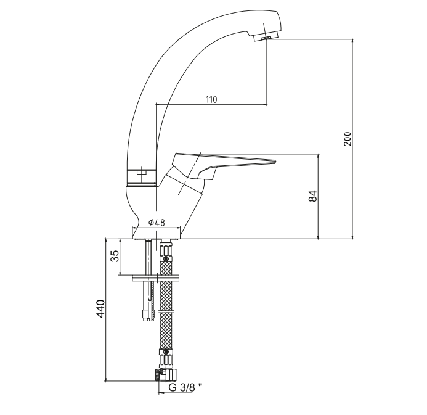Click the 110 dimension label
pos(211,99)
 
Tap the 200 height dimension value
pos(348,139)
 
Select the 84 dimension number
pos(313,196)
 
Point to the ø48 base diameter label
pos(157,223)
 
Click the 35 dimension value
pos(115,256)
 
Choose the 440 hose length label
pos(100,308)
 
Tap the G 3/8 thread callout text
pos(185,387)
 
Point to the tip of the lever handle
pos(275,162)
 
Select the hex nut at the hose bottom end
pos(166,375)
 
